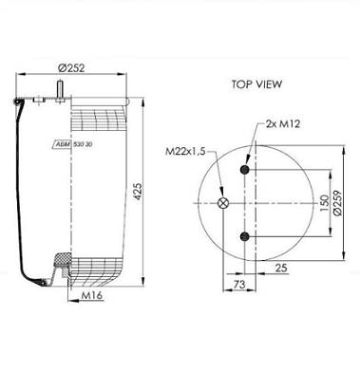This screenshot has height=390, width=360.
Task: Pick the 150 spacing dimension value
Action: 325,202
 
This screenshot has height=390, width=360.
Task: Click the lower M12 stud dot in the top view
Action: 247,235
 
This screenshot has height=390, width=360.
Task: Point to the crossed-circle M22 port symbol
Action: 224,202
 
